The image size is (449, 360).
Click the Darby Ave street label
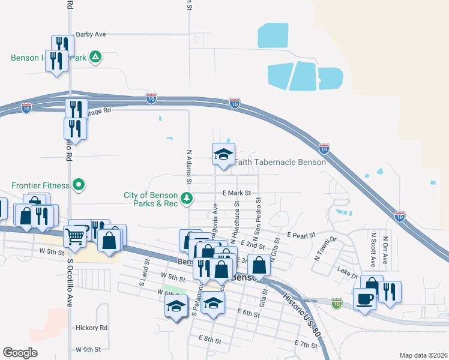click(91, 35)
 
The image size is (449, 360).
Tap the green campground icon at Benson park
click(95, 58)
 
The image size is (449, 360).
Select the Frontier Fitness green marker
click(78, 184)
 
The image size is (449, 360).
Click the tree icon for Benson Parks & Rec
click(187, 197)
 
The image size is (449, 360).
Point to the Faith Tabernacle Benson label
click(280, 162)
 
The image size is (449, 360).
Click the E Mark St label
click(235, 193)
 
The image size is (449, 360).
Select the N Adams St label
click(189, 167)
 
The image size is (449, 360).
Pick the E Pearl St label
click(301, 235)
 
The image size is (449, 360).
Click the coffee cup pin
click(365, 298)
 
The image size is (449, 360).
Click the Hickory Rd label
click(91, 328)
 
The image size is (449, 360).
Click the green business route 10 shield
click(337, 304)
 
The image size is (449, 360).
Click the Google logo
click(21, 352)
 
